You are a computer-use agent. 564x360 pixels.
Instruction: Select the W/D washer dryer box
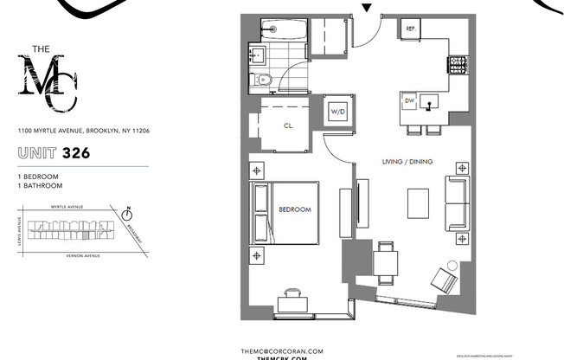[x=336, y=111]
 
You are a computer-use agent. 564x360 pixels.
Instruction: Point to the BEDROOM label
[x=294, y=209]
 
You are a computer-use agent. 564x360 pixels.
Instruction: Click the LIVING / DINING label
[x=407, y=162]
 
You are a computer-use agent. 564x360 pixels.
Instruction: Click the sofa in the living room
[x=455, y=203]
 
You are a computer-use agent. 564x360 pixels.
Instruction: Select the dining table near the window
[x=387, y=259]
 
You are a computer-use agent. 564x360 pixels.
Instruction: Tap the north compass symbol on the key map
[x=127, y=209]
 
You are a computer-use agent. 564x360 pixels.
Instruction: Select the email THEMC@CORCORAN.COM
[x=281, y=350]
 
